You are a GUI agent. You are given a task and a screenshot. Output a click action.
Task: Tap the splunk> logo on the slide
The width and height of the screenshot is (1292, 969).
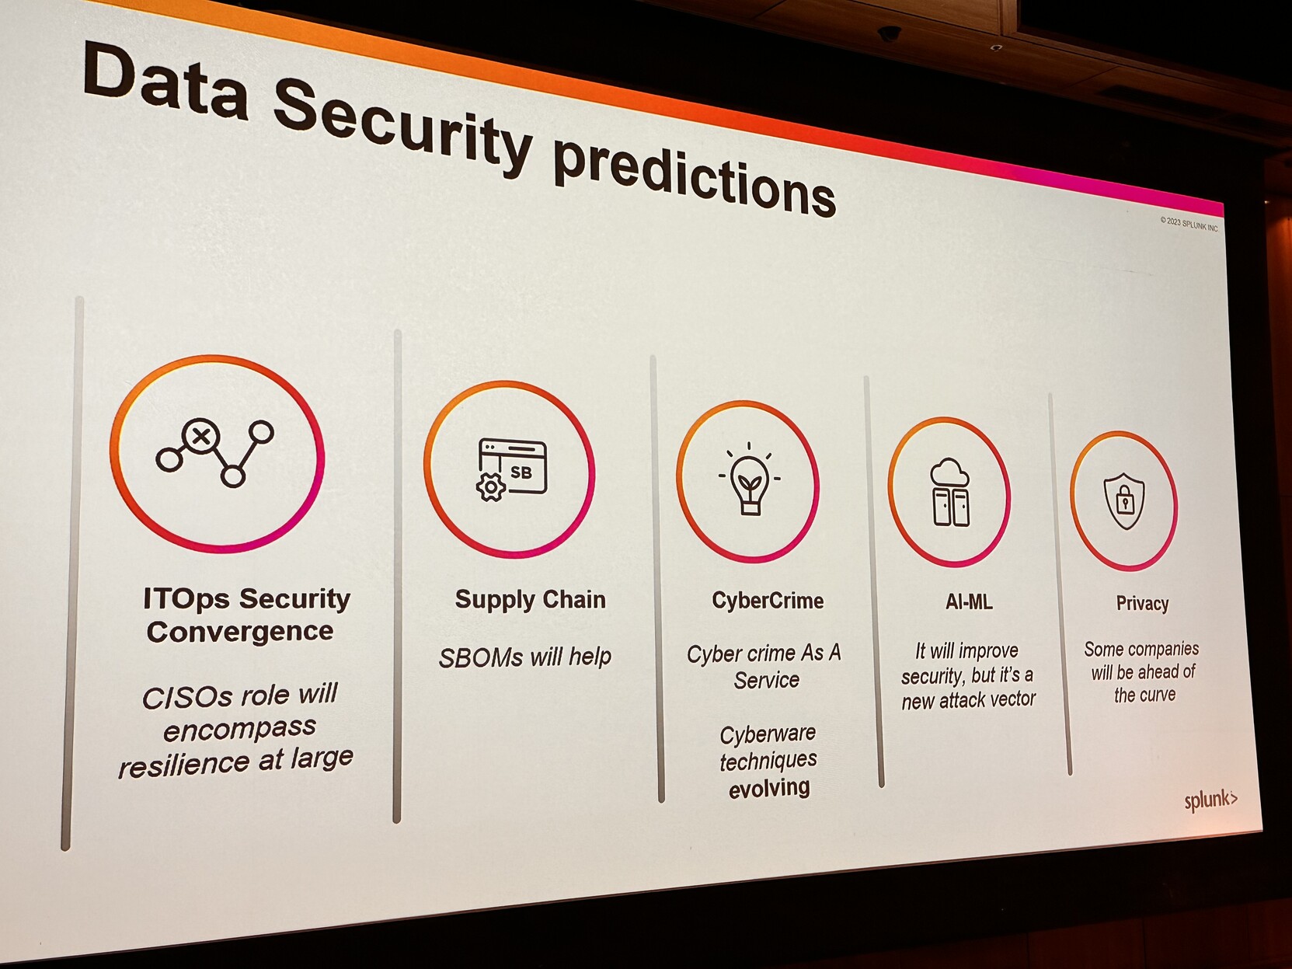(1210, 800)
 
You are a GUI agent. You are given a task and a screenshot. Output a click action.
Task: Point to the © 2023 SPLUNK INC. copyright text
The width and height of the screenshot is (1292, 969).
(1189, 225)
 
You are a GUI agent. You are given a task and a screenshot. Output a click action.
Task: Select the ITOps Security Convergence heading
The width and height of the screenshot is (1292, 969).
(246, 615)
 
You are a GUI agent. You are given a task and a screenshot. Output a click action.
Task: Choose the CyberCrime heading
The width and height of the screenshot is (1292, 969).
(768, 601)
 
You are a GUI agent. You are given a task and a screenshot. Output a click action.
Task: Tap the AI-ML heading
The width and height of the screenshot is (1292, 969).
(968, 601)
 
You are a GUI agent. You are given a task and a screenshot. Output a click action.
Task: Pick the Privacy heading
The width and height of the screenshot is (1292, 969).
(1142, 604)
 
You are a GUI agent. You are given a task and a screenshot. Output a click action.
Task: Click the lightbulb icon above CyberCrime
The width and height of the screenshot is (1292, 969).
(749, 479)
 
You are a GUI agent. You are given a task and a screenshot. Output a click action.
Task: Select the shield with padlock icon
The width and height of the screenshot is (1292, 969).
(1123, 501)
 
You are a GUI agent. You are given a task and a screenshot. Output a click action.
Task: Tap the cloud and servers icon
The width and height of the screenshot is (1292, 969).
(950, 492)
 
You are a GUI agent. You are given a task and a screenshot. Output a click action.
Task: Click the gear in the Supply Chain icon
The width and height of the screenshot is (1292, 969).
(490, 487)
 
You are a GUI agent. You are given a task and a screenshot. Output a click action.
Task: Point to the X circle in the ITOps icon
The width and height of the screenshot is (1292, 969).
(200, 436)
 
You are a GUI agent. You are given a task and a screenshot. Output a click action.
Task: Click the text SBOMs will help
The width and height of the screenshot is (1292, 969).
(525, 657)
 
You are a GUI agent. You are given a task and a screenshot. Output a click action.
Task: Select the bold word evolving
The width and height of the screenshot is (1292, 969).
(769, 788)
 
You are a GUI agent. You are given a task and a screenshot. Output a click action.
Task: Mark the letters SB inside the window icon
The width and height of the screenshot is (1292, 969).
(521, 472)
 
